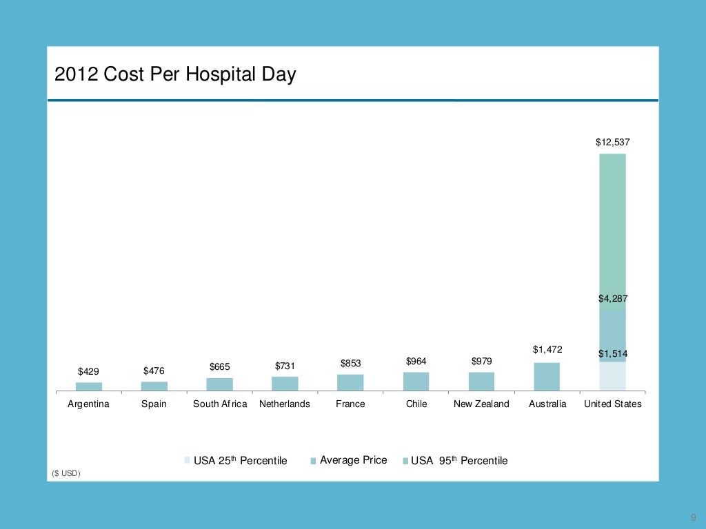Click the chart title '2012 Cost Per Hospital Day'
(175, 74)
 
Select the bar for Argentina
(88, 386)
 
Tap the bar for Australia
(547, 377)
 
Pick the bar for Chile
(416, 382)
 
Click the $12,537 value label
(612, 143)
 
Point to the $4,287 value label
(612, 298)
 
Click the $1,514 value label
(612, 353)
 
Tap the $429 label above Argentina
(88, 371)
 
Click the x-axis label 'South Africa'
(219, 404)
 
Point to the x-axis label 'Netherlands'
(285, 404)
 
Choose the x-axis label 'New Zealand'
(481, 404)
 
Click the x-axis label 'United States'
(612, 404)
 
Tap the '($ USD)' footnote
(66, 473)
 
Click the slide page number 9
(692, 518)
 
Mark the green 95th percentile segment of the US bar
(612, 231)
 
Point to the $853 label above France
(350, 363)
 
